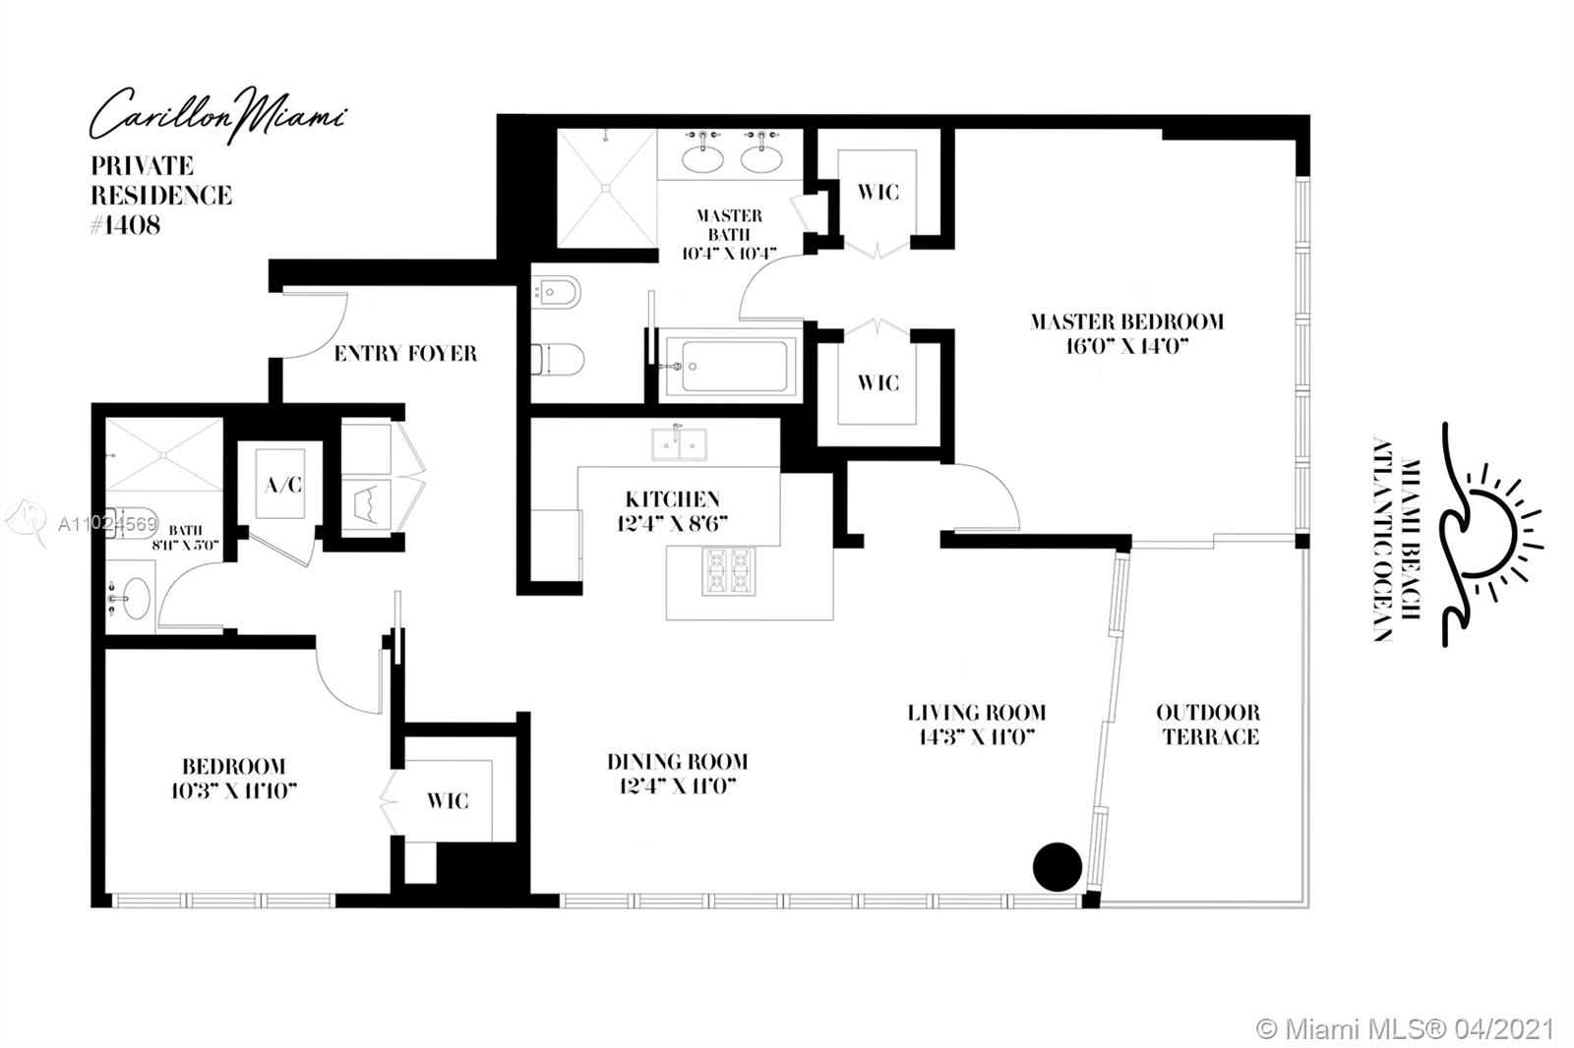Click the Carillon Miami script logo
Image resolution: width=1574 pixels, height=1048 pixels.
pos(216,116)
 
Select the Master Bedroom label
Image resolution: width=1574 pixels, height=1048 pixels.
pos(1127,321)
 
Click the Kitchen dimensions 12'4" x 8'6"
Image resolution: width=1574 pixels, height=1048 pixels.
pos(673,524)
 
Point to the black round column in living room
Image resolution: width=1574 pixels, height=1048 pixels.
pos(1057,867)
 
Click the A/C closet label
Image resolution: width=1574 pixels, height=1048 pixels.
pos(283,485)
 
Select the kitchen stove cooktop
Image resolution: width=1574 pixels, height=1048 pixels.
pos(729,571)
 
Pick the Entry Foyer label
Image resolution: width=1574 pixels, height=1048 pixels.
pos(405,353)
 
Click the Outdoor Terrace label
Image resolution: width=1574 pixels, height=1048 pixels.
pos(1209,725)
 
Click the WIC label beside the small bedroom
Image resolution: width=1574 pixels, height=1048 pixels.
pos(448,801)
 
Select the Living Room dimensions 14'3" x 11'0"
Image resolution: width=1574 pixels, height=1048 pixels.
pos(977,736)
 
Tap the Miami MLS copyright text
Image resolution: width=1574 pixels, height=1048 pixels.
pos(1405,1029)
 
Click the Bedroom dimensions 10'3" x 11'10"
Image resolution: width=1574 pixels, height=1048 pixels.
pos(234,791)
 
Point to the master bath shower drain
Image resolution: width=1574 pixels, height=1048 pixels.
pos(606,188)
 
